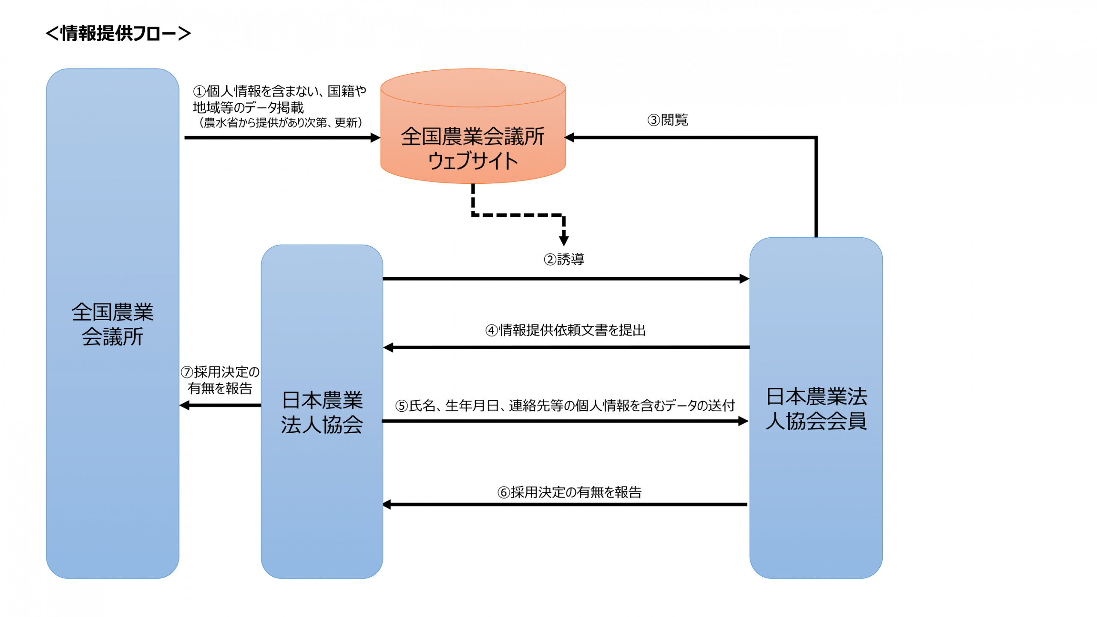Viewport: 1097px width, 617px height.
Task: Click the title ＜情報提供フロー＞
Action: (x=118, y=33)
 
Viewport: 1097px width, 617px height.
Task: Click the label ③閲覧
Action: (x=667, y=120)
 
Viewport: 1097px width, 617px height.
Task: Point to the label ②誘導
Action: (x=563, y=259)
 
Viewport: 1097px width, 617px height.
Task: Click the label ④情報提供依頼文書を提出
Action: (x=565, y=330)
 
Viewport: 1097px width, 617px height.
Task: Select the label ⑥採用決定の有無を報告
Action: (x=569, y=492)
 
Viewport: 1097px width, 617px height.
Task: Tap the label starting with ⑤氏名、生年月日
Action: (x=565, y=405)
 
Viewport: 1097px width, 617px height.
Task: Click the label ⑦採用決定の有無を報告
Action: (x=220, y=380)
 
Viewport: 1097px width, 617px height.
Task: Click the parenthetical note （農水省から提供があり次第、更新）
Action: (x=281, y=123)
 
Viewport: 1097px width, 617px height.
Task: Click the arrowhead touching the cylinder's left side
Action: (x=375, y=138)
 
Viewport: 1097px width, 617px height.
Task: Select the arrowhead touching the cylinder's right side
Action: (x=570, y=138)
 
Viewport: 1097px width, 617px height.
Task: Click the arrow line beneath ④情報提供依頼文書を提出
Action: (x=566, y=347)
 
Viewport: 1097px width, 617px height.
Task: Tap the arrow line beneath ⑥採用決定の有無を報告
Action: (x=566, y=505)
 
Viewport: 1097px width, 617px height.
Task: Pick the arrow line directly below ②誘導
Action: (x=566, y=279)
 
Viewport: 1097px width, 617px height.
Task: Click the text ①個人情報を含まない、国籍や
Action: (x=279, y=91)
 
